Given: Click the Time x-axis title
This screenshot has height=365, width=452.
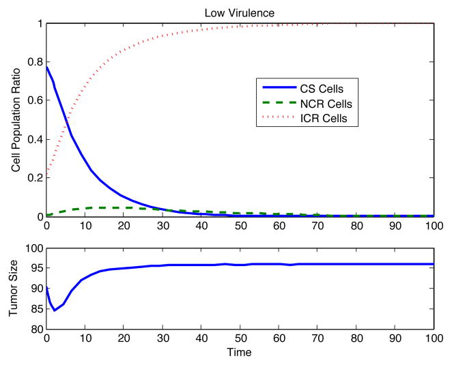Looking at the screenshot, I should pyautogui.click(x=240, y=353).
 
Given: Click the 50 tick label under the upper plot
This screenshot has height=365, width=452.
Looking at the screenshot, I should pyautogui.click(x=240, y=224).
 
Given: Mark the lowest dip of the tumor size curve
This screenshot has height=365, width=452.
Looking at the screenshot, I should pyautogui.click(x=55, y=310).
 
